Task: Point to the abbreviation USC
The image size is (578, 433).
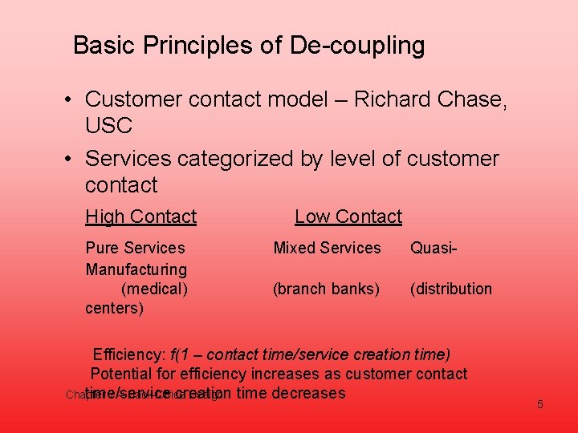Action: [x=108, y=126]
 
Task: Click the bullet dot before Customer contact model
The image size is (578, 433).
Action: [x=71, y=100]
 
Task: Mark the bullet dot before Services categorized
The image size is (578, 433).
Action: [x=71, y=160]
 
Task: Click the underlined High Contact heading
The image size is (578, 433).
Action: [x=140, y=216]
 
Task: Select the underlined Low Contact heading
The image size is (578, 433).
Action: [x=348, y=216]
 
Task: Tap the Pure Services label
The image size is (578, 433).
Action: [x=135, y=248]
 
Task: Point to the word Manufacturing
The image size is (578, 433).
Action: [x=136, y=269]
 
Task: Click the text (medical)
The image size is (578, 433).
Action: [x=154, y=289]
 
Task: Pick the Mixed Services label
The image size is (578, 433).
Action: [x=327, y=248]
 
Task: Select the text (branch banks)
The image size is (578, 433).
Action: [x=326, y=289]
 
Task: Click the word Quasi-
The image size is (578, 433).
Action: [x=434, y=248]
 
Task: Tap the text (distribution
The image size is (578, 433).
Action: [x=450, y=289]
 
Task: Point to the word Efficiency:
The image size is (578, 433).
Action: [x=129, y=354]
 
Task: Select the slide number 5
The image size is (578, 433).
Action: [x=540, y=404]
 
